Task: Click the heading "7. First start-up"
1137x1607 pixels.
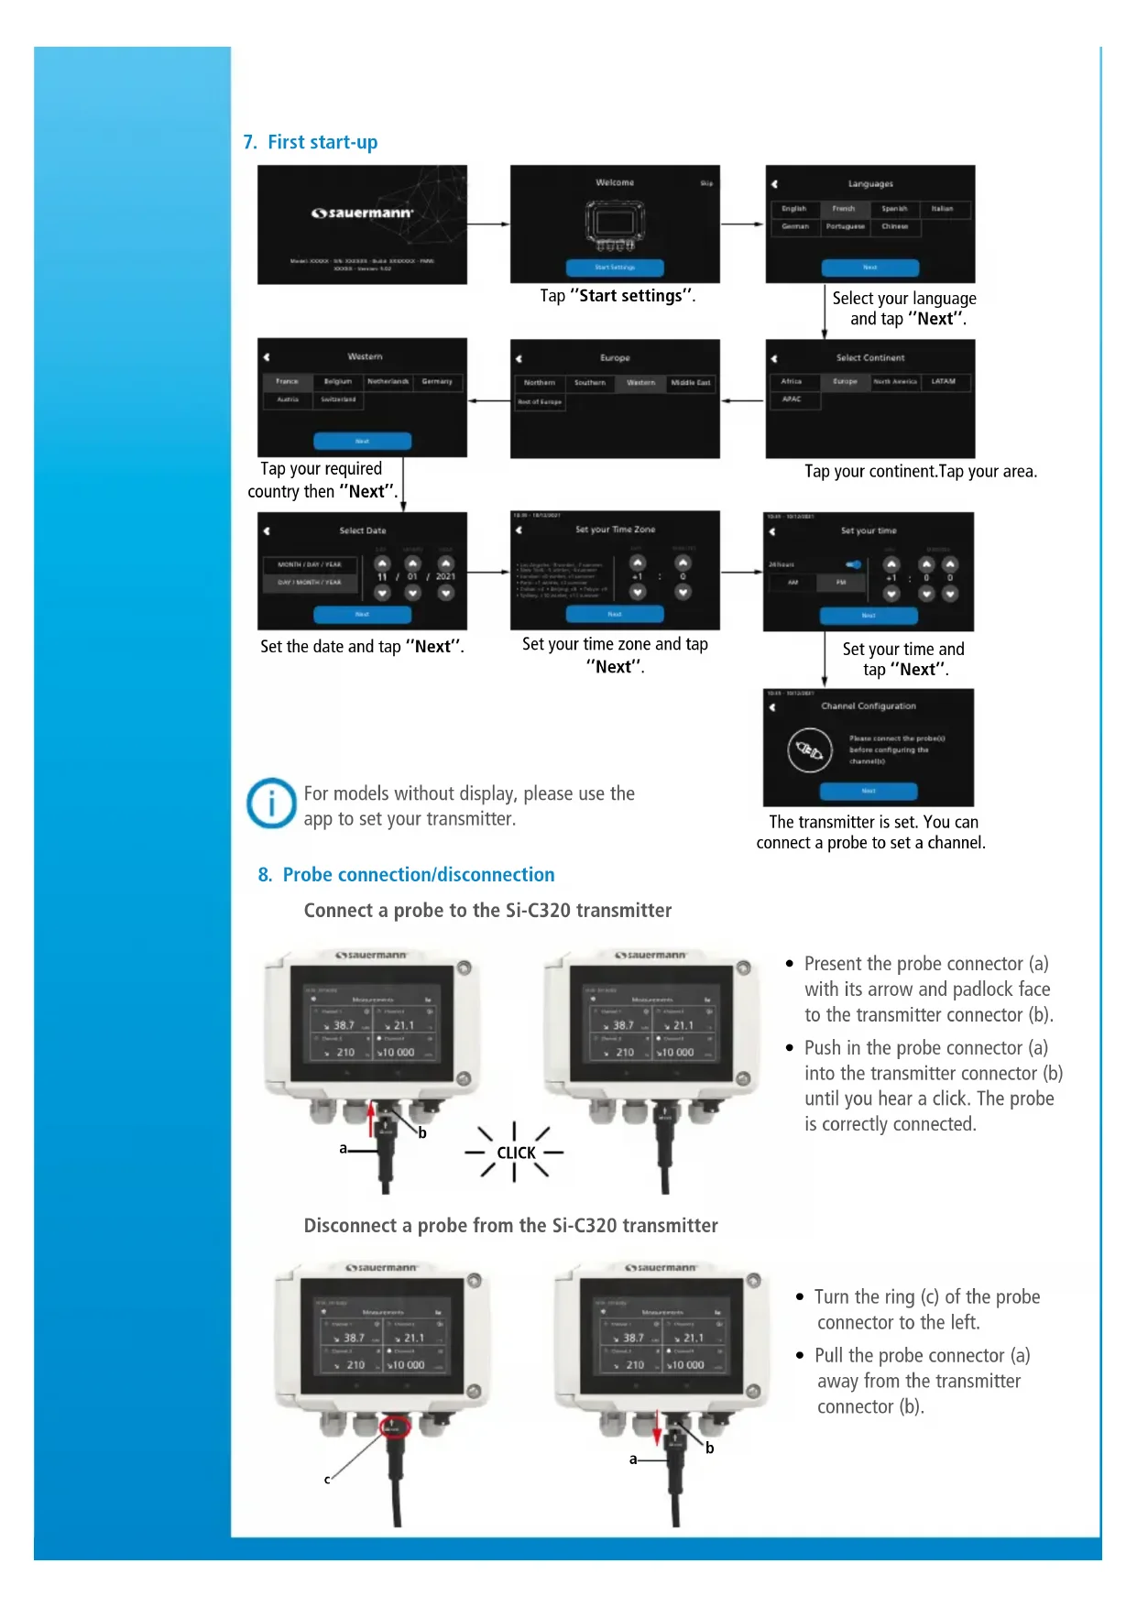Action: pos(311,142)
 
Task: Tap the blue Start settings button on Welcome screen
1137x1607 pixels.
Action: pos(615,268)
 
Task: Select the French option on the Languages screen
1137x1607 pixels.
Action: pos(844,209)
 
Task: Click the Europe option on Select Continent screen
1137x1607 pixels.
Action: pos(845,381)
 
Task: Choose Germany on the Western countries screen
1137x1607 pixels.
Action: pos(437,381)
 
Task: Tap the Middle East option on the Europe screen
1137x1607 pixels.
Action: pos(691,383)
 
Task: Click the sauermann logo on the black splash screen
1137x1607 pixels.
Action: pos(363,213)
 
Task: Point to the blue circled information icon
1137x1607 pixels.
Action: pos(271,803)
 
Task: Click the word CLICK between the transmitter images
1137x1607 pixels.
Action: pos(516,1153)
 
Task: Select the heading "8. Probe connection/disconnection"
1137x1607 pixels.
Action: pos(406,875)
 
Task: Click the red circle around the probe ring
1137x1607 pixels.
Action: pos(393,1427)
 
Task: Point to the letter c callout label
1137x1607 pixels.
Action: pos(327,1479)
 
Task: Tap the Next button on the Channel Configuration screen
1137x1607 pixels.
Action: pos(869,791)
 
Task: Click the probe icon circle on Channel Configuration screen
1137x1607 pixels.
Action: pos(810,750)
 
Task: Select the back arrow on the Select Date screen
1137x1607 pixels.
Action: pos(267,531)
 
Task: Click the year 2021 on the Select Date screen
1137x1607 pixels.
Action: pos(445,577)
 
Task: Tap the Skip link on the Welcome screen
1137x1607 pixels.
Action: pos(706,183)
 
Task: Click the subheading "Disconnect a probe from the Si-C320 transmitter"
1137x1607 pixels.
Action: pos(510,1226)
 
